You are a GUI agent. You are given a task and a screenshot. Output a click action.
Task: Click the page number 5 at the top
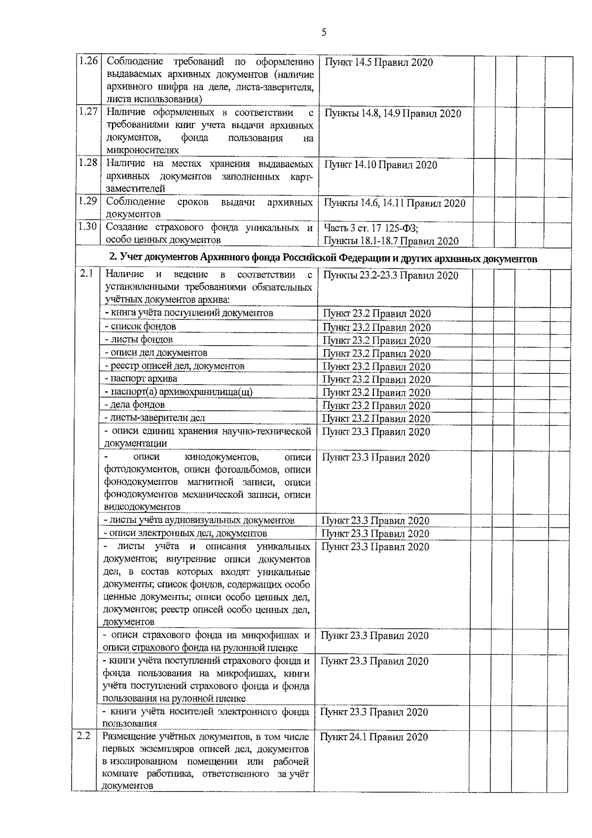(x=324, y=33)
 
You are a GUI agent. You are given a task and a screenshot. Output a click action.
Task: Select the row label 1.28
(x=88, y=162)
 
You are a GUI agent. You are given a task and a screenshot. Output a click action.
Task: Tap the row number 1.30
(x=88, y=226)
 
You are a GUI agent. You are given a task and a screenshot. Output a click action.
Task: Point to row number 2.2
(x=84, y=736)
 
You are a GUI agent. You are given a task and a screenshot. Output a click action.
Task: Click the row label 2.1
(x=86, y=273)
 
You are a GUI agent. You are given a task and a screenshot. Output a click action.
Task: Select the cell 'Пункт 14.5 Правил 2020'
(x=378, y=63)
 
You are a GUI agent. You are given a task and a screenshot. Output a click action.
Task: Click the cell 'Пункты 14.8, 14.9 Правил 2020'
(x=393, y=114)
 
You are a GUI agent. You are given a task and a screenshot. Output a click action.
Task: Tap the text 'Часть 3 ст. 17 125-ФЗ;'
(x=371, y=228)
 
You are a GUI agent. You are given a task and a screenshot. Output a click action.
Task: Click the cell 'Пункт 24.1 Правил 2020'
(x=374, y=737)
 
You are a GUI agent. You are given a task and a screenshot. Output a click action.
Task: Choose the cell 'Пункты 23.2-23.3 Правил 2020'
(x=391, y=276)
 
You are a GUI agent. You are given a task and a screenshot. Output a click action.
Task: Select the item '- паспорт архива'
(x=141, y=379)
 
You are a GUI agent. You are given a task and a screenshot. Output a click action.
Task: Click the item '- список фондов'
(x=140, y=326)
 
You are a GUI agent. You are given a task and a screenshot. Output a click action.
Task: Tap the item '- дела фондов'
(x=134, y=405)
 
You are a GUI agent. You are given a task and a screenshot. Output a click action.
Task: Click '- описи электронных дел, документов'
(x=185, y=533)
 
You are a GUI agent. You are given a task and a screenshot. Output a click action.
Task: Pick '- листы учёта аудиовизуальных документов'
(x=199, y=520)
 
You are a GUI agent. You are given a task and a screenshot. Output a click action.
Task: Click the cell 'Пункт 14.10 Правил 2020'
(x=380, y=165)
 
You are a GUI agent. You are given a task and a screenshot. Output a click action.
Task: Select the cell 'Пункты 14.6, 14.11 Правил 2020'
(x=395, y=203)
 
